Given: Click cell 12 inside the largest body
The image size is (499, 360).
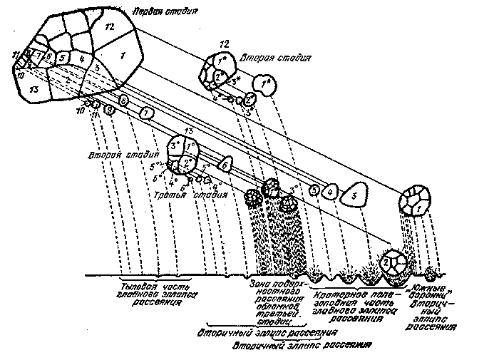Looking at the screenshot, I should pyautogui.click(x=108, y=26).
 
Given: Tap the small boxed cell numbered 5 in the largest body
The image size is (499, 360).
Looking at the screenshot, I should pyautogui.click(x=63, y=58).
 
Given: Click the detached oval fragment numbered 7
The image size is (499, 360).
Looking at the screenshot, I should pyautogui.click(x=145, y=113).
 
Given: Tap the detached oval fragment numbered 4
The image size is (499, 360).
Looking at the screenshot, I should pyautogui.click(x=329, y=191).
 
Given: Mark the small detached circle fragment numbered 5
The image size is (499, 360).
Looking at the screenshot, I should pyautogui.click(x=314, y=190).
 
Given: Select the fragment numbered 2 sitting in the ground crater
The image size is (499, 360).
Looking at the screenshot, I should pyautogui.click(x=384, y=262).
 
